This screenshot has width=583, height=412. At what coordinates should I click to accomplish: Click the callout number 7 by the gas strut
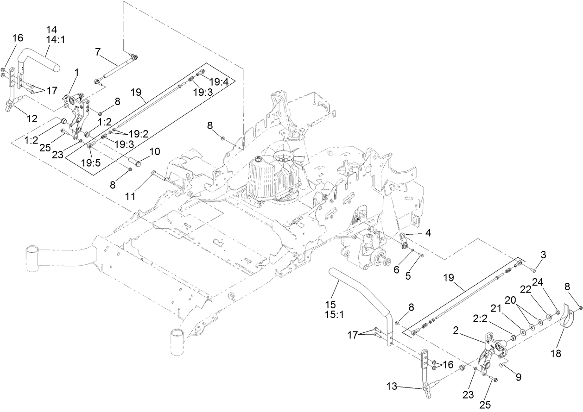point(98,52)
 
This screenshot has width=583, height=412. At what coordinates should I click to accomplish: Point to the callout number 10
point(154,151)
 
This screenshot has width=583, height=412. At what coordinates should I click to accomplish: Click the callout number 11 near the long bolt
point(130,196)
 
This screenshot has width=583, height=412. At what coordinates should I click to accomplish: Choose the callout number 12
point(32,119)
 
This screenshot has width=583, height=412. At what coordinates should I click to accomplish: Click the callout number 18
point(555,354)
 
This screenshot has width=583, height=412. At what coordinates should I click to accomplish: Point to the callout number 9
point(518,377)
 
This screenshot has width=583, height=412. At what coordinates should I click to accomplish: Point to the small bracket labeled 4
point(404,240)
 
